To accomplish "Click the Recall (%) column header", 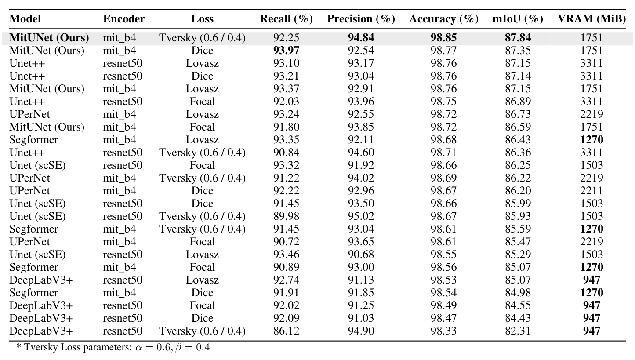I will [x=286, y=19].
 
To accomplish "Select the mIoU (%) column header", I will [x=518, y=19].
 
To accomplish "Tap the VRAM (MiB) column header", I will [x=591, y=19].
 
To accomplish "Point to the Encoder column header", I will [x=124, y=19].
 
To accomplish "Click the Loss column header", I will [x=202, y=19].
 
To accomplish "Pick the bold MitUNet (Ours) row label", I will [x=49, y=38].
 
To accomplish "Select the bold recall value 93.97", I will [x=286, y=51].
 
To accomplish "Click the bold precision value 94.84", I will [x=360, y=38].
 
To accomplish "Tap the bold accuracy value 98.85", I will [x=443, y=38].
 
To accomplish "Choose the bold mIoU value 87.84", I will [x=518, y=38].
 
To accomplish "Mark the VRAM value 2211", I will [x=591, y=191].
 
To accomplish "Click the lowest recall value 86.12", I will [x=286, y=331].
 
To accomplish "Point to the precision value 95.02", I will [x=360, y=216].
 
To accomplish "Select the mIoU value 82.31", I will [x=518, y=331].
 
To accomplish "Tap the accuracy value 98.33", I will [x=443, y=331].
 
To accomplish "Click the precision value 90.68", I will [x=360, y=255].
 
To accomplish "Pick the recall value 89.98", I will [x=286, y=216].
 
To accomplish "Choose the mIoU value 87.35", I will [x=518, y=51].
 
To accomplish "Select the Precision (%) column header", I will [x=360, y=19].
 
